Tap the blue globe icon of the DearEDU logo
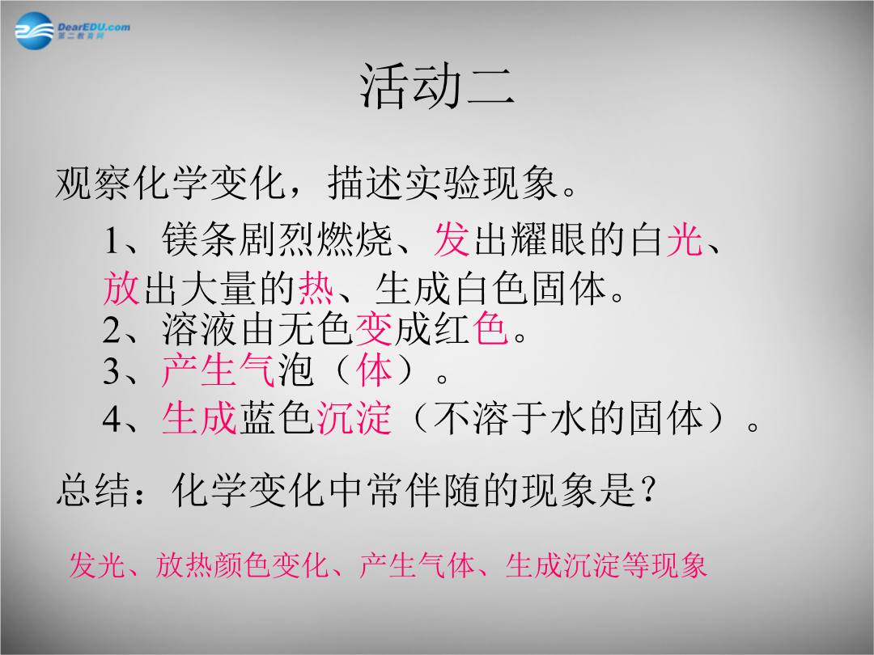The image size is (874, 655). pyautogui.click(x=34, y=32)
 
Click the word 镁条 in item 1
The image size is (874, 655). pyautogui.click(x=199, y=239)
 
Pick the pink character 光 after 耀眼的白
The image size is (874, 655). pyautogui.click(x=685, y=239)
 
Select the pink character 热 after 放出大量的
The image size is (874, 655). pyautogui.click(x=316, y=288)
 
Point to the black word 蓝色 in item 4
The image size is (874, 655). pyautogui.click(x=277, y=418)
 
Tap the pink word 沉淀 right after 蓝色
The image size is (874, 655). pyautogui.click(x=354, y=418)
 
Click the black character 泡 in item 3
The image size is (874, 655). pyautogui.click(x=295, y=370)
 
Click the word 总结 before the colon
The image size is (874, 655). pyautogui.click(x=92, y=490)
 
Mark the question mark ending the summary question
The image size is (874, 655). pyautogui.click(x=647, y=490)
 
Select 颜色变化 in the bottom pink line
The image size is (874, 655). pyautogui.click(x=269, y=564)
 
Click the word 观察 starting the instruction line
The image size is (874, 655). pyautogui.click(x=92, y=183)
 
